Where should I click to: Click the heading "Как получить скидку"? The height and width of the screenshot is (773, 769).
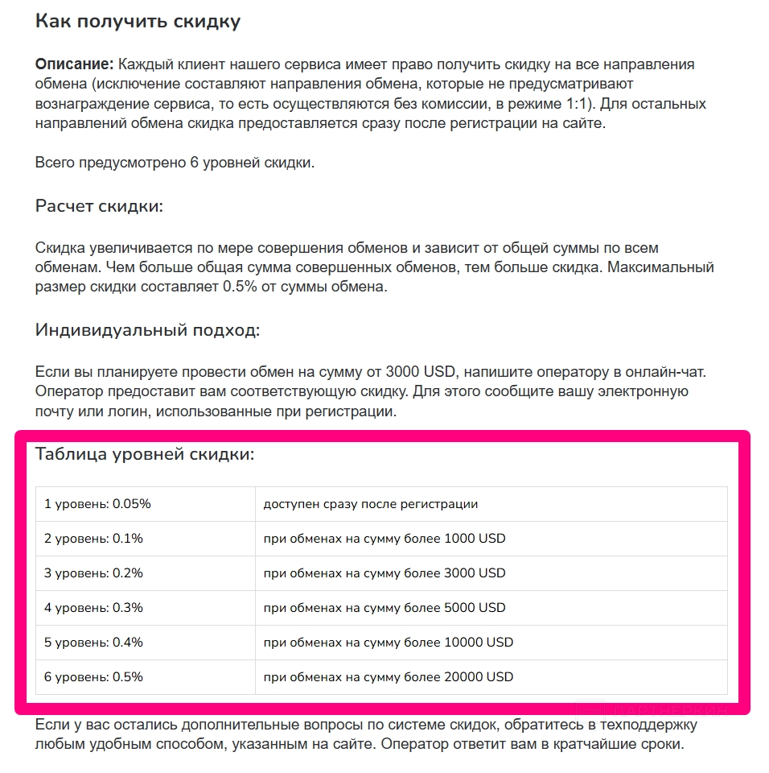pyautogui.click(x=138, y=22)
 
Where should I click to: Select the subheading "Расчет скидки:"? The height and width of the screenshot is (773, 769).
pyautogui.click(x=99, y=206)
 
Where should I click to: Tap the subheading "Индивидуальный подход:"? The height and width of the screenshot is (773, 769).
pyautogui.click(x=148, y=330)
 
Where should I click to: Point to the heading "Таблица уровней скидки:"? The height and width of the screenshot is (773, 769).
pyautogui.click(x=145, y=454)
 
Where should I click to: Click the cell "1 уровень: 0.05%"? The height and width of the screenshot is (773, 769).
pyautogui.click(x=97, y=504)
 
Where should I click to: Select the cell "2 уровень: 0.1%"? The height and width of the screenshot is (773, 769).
pyautogui.click(x=93, y=539)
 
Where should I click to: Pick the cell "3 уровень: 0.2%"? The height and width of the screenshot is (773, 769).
pyautogui.click(x=93, y=573)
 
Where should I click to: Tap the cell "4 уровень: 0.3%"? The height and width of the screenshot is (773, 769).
pyautogui.click(x=93, y=608)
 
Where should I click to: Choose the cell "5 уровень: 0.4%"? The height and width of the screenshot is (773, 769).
pyautogui.click(x=93, y=643)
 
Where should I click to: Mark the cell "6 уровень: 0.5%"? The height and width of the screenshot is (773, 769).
pyautogui.click(x=93, y=677)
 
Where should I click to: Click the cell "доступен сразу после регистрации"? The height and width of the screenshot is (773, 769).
pyautogui.click(x=371, y=504)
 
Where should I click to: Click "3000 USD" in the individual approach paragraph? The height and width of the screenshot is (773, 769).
pyautogui.click(x=421, y=373)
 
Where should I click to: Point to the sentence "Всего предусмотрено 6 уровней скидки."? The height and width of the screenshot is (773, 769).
pyautogui.click(x=175, y=163)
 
